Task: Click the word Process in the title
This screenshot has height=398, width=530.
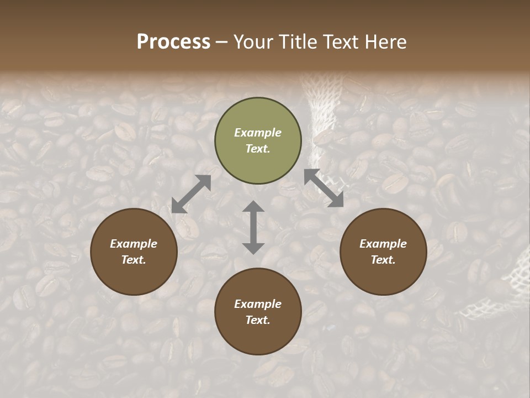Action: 173,42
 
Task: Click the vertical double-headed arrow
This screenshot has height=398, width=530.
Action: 253,227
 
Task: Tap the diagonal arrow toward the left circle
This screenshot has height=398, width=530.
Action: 191,194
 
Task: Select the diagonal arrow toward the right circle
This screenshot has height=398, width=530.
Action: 324,188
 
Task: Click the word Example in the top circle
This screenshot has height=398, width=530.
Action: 258,133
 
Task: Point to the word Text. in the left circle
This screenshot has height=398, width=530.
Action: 134,260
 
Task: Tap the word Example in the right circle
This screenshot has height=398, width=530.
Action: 383,244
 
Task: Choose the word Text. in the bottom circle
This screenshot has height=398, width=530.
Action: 258,320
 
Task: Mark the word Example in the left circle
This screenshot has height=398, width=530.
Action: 134,244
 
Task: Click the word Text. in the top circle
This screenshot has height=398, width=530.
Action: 258,149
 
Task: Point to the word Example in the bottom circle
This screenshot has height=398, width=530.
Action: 258,304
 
